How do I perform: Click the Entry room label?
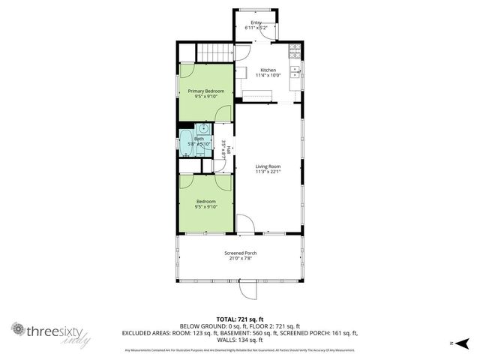[256, 22]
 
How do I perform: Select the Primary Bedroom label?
[205, 91]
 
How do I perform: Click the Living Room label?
[268, 166]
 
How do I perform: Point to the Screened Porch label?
[241, 253]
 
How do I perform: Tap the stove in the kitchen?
[295, 52]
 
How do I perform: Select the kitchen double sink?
[296, 72]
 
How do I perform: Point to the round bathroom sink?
[202, 130]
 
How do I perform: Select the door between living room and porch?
[246, 225]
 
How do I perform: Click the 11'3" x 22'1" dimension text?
[268, 172]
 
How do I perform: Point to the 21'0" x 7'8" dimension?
[241, 259]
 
